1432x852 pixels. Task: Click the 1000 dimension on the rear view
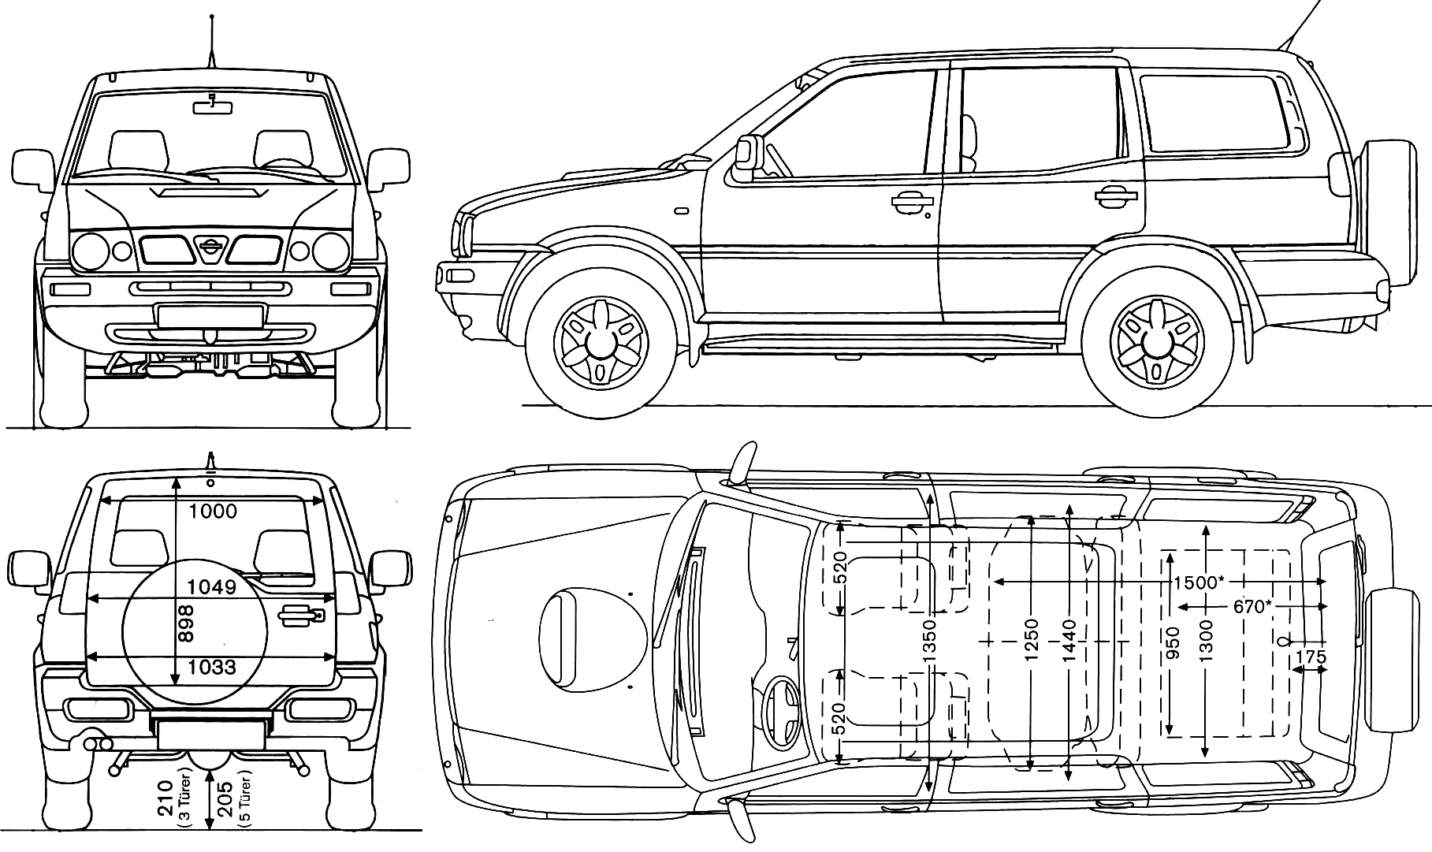[213, 512]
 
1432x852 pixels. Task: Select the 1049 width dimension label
[213, 587]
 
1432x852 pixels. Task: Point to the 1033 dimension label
[213, 668]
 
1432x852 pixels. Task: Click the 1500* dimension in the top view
[1199, 582]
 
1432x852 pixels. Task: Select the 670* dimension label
[1254, 607]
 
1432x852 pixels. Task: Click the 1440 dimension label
[1069, 639]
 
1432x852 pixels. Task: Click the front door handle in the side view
[911, 203]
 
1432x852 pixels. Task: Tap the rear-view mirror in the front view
[213, 104]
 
